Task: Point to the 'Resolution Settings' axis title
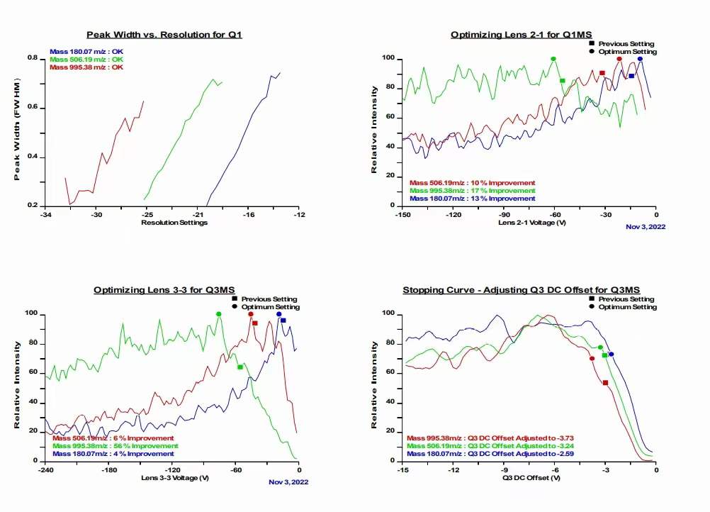tap(174, 223)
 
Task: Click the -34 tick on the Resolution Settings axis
tap(46, 214)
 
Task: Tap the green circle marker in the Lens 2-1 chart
tap(553, 59)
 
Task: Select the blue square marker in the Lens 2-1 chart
tap(631, 76)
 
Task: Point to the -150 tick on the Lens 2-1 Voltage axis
tap(402, 214)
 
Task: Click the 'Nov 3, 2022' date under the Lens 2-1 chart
tap(646, 227)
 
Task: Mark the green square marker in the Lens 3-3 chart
tap(240, 367)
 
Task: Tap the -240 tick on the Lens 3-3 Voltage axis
tap(46, 469)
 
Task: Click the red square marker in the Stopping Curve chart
tap(605, 383)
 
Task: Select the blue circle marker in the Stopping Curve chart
tap(611, 354)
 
